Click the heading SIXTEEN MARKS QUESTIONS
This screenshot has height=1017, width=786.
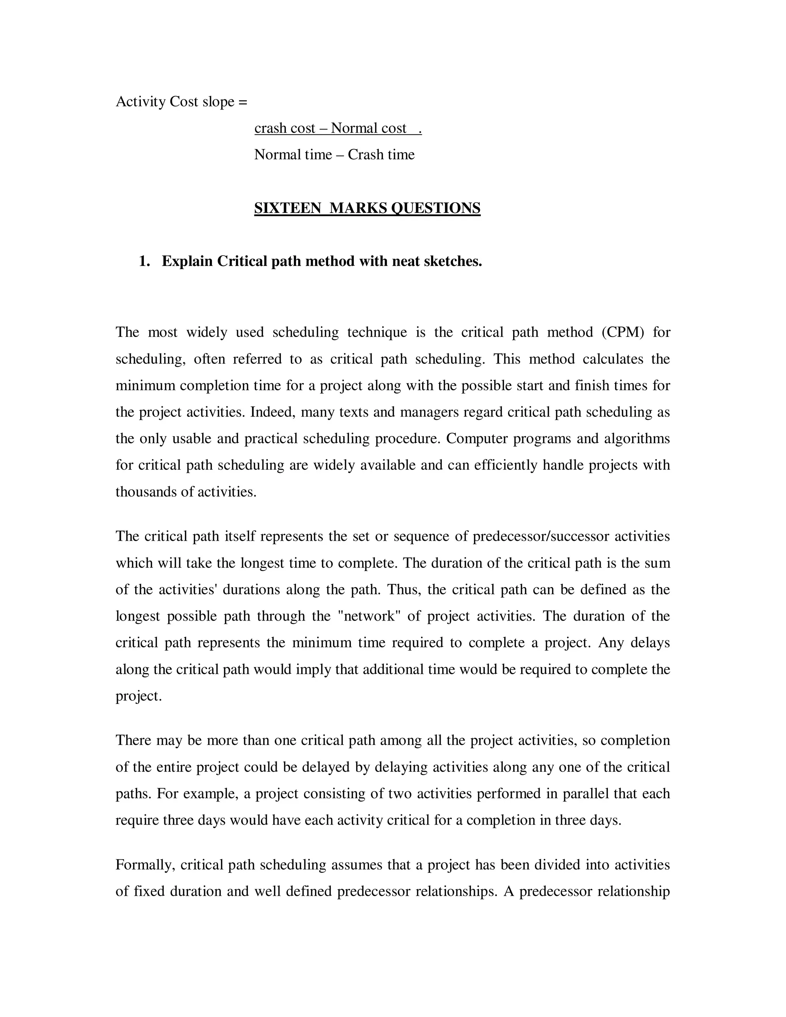[x=367, y=208]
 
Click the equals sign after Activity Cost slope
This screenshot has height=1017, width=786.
[x=243, y=102]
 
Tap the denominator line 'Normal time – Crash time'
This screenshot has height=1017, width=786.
[x=334, y=155]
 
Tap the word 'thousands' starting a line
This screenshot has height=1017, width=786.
[x=146, y=492]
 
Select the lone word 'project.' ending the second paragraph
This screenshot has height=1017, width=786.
[x=138, y=696]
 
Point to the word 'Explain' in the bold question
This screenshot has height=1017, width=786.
[x=187, y=261]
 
